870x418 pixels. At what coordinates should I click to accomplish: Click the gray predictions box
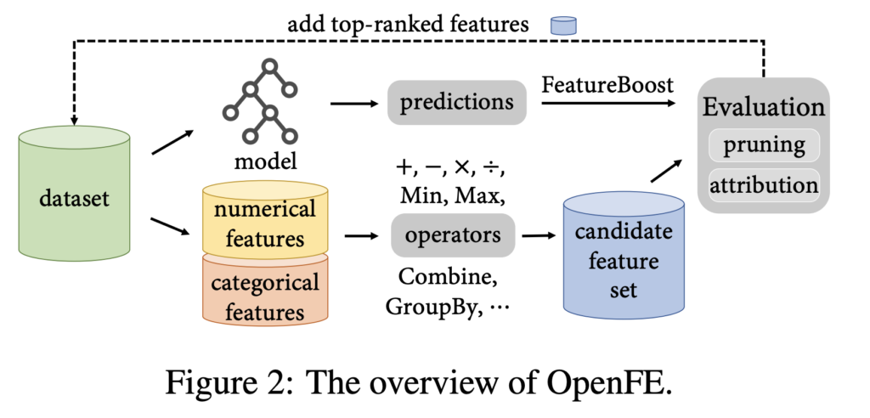(457, 103)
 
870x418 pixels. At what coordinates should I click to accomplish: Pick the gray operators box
(453, 235)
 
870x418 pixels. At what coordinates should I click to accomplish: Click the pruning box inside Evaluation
(764, 144)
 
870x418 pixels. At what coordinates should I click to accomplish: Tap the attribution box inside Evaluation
(764, 184)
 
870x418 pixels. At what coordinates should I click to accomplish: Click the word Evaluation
(763, 108)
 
